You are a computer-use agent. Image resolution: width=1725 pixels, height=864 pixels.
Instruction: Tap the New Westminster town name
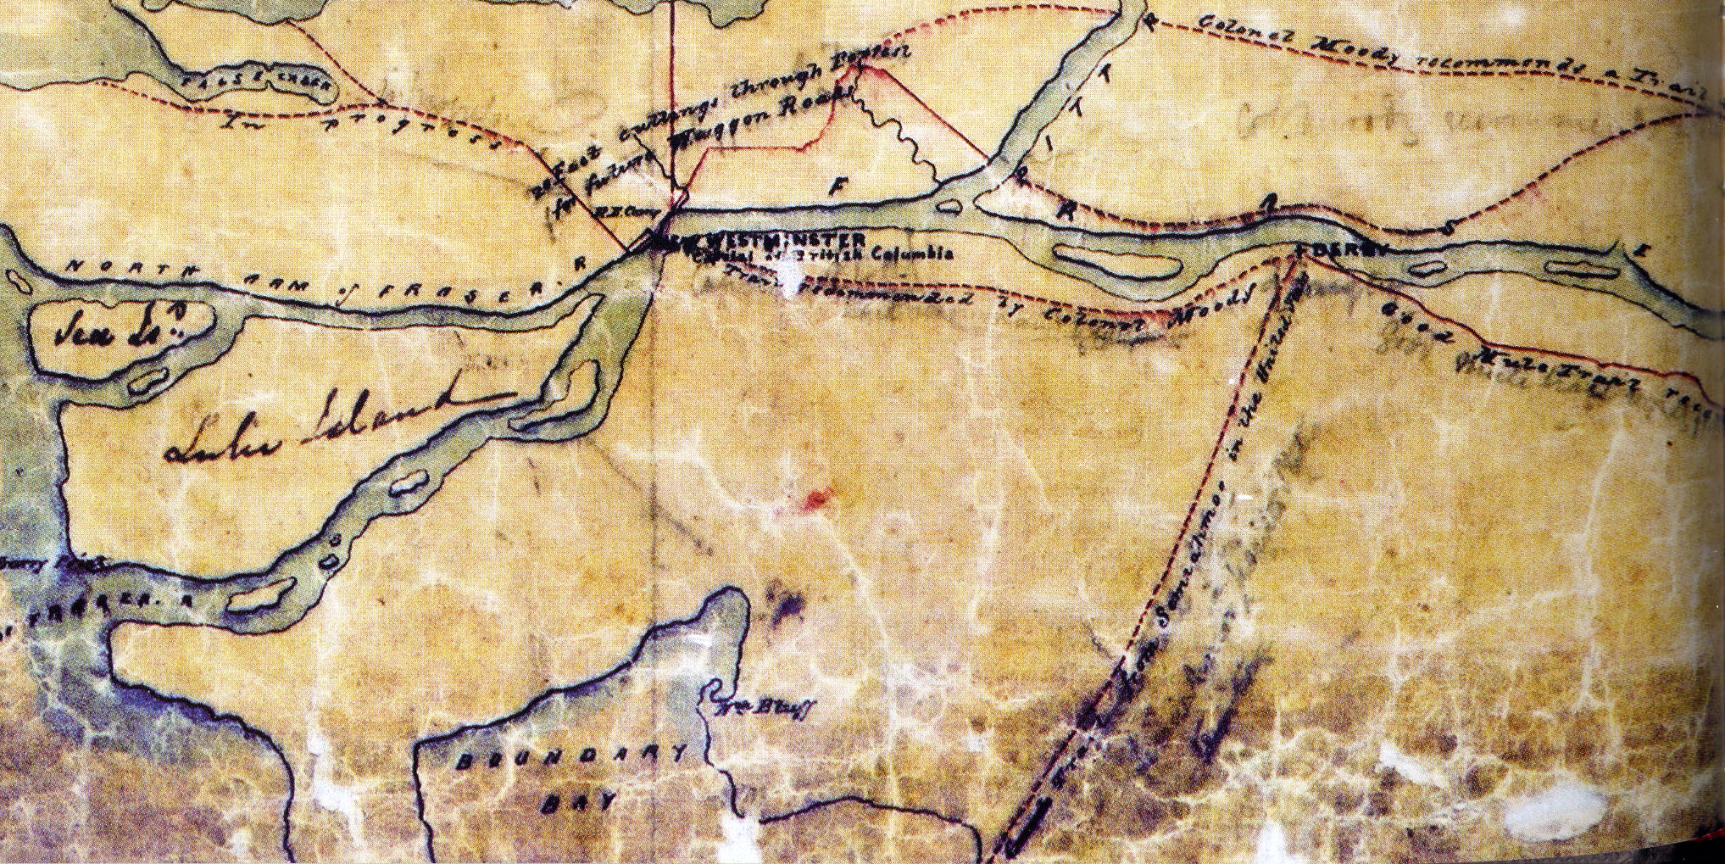[x=763, y=241]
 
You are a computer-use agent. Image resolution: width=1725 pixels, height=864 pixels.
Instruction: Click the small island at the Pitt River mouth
[x=951, y=204]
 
